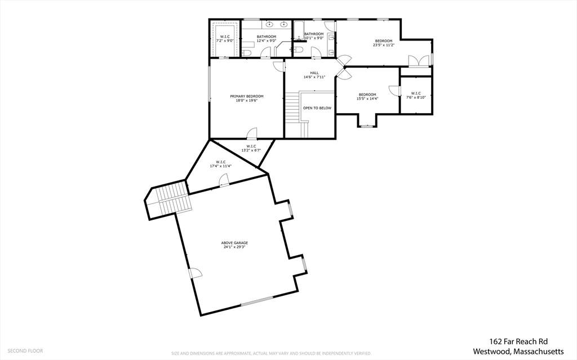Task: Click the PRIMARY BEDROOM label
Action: pyautogui.click(x=246, y=96)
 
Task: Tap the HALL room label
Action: pyautogui.click(x=314, y=73)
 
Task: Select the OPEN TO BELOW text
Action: pyautogui.click(x=317, y=108)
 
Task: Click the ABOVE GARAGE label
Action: pyautogui.click(x=234, y=243)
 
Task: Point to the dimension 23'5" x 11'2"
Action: pyautogui.click(x=384, y=45)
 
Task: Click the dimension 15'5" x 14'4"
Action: pyautogui.click(x=367, y=99)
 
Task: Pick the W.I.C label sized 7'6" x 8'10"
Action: pyautogui.click(x=416, y=94)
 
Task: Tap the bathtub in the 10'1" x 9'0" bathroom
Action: pyautogui.click(x=299, y=28)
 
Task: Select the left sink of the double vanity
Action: pyautogui.click(x=270, y=24)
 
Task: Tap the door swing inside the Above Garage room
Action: pyautogui.click(x=195, y=273)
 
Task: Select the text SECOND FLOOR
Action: pyautogui.click(x=25, y=350)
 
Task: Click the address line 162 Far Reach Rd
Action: pyautogui.click(x=517, y=341)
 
